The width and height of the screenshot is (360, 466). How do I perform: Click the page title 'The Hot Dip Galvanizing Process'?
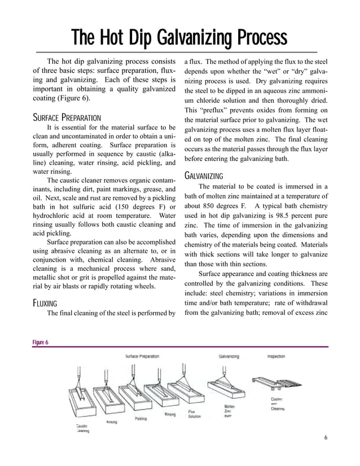[179, 38]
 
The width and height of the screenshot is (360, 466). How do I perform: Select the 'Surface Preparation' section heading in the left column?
[67, 118]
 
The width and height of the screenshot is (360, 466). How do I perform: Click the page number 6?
[326, 438]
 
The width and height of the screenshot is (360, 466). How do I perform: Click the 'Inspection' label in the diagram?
[276, 356]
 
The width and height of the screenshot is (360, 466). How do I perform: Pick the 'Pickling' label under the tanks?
[141, 418]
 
